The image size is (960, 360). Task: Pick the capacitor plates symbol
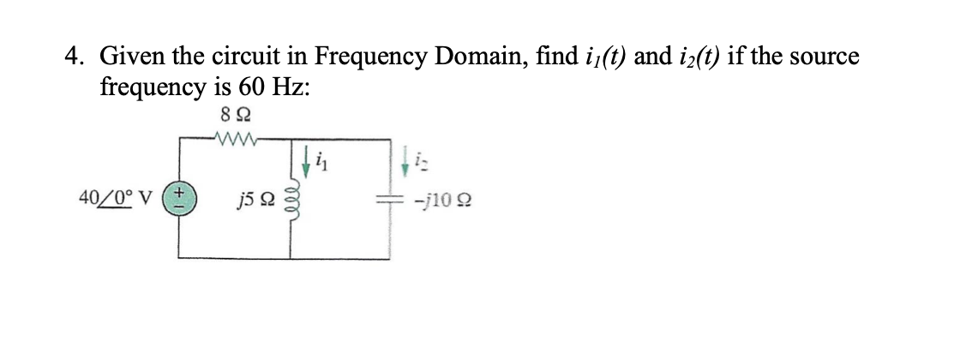[x=392, y=199]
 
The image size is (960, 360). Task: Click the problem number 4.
[x=75, y=57]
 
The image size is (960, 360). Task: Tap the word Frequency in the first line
[x=369, y=57]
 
